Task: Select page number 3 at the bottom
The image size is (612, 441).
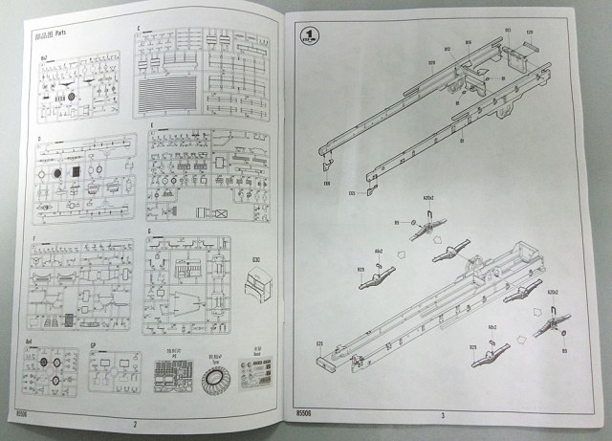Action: [x=443, y=414]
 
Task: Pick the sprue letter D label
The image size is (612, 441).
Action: [x=37, y=138]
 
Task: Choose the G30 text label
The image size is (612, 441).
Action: [x=255, y=259]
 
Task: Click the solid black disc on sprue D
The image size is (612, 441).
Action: [x=56, y=172]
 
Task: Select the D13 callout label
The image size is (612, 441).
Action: [x=351, y=192]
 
